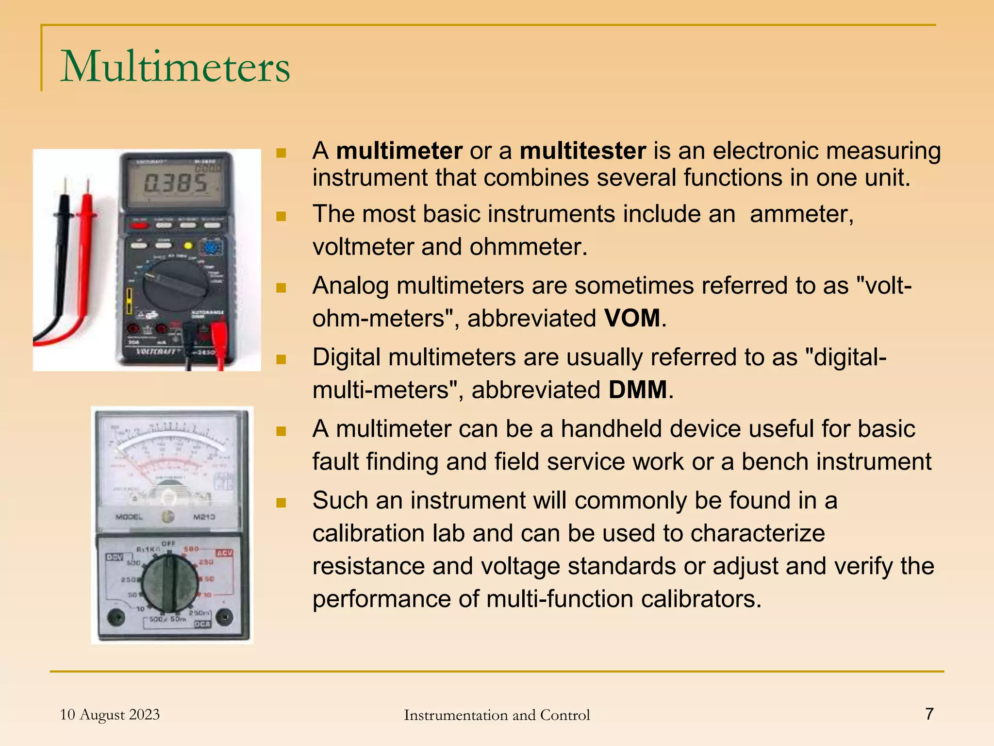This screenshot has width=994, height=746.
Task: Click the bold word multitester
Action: coord(582,151)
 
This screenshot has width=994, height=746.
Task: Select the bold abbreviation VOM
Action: coord(632,319)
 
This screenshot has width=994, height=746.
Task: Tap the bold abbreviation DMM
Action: coord(638,390)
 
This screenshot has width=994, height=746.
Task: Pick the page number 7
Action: coord(929,714)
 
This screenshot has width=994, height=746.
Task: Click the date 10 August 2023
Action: coord(110,714)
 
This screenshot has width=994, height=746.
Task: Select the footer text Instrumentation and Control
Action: coord(497,715)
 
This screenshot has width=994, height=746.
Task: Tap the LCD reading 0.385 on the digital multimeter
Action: coord(176,184)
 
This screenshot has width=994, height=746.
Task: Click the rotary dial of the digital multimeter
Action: coord(176,287)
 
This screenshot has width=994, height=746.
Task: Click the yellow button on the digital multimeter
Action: coord(188,246)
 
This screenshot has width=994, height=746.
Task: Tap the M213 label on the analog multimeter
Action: coord(204,517)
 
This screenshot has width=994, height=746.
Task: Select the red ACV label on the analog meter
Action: coord(224,553)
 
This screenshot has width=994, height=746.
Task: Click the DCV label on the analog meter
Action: coord(115,557)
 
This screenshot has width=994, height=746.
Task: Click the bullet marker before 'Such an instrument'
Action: coord(281,502)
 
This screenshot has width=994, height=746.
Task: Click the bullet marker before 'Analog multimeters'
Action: coord(281,288)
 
